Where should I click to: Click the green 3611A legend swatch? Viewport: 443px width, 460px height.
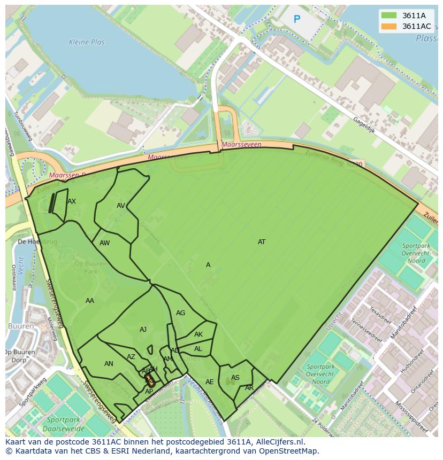click(x=388, y=15)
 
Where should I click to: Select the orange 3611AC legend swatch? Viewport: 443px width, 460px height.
click(x=388, y=26)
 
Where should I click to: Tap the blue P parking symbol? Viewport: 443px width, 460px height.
click(x=297, y=20)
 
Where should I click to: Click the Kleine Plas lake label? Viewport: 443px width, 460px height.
click(x=87, y=42)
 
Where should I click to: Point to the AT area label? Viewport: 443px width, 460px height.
click(x=262, y=242)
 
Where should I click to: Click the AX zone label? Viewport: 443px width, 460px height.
click(x=72, y=201)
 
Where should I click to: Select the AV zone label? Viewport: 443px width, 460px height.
click(x=121, y=206)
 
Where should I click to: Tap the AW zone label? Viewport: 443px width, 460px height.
click(x=105, y=243)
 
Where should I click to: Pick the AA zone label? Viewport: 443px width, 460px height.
click(x=90, y=301)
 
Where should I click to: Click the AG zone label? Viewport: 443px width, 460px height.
click(x=181, y=313)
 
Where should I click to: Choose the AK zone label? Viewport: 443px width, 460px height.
click(x=198, y=334)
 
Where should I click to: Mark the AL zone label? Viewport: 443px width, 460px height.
click(x=198, y=349)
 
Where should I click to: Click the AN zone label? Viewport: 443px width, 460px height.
click(x=109, y=364)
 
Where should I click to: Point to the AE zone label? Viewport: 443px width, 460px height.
click(x=210, y=382)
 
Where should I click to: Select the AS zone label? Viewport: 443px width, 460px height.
click(x=235, y=378)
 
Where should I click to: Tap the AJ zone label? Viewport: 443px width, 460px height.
click(x=143, y=330)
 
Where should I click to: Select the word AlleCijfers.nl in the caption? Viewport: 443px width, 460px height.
click(x=278, y=442)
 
